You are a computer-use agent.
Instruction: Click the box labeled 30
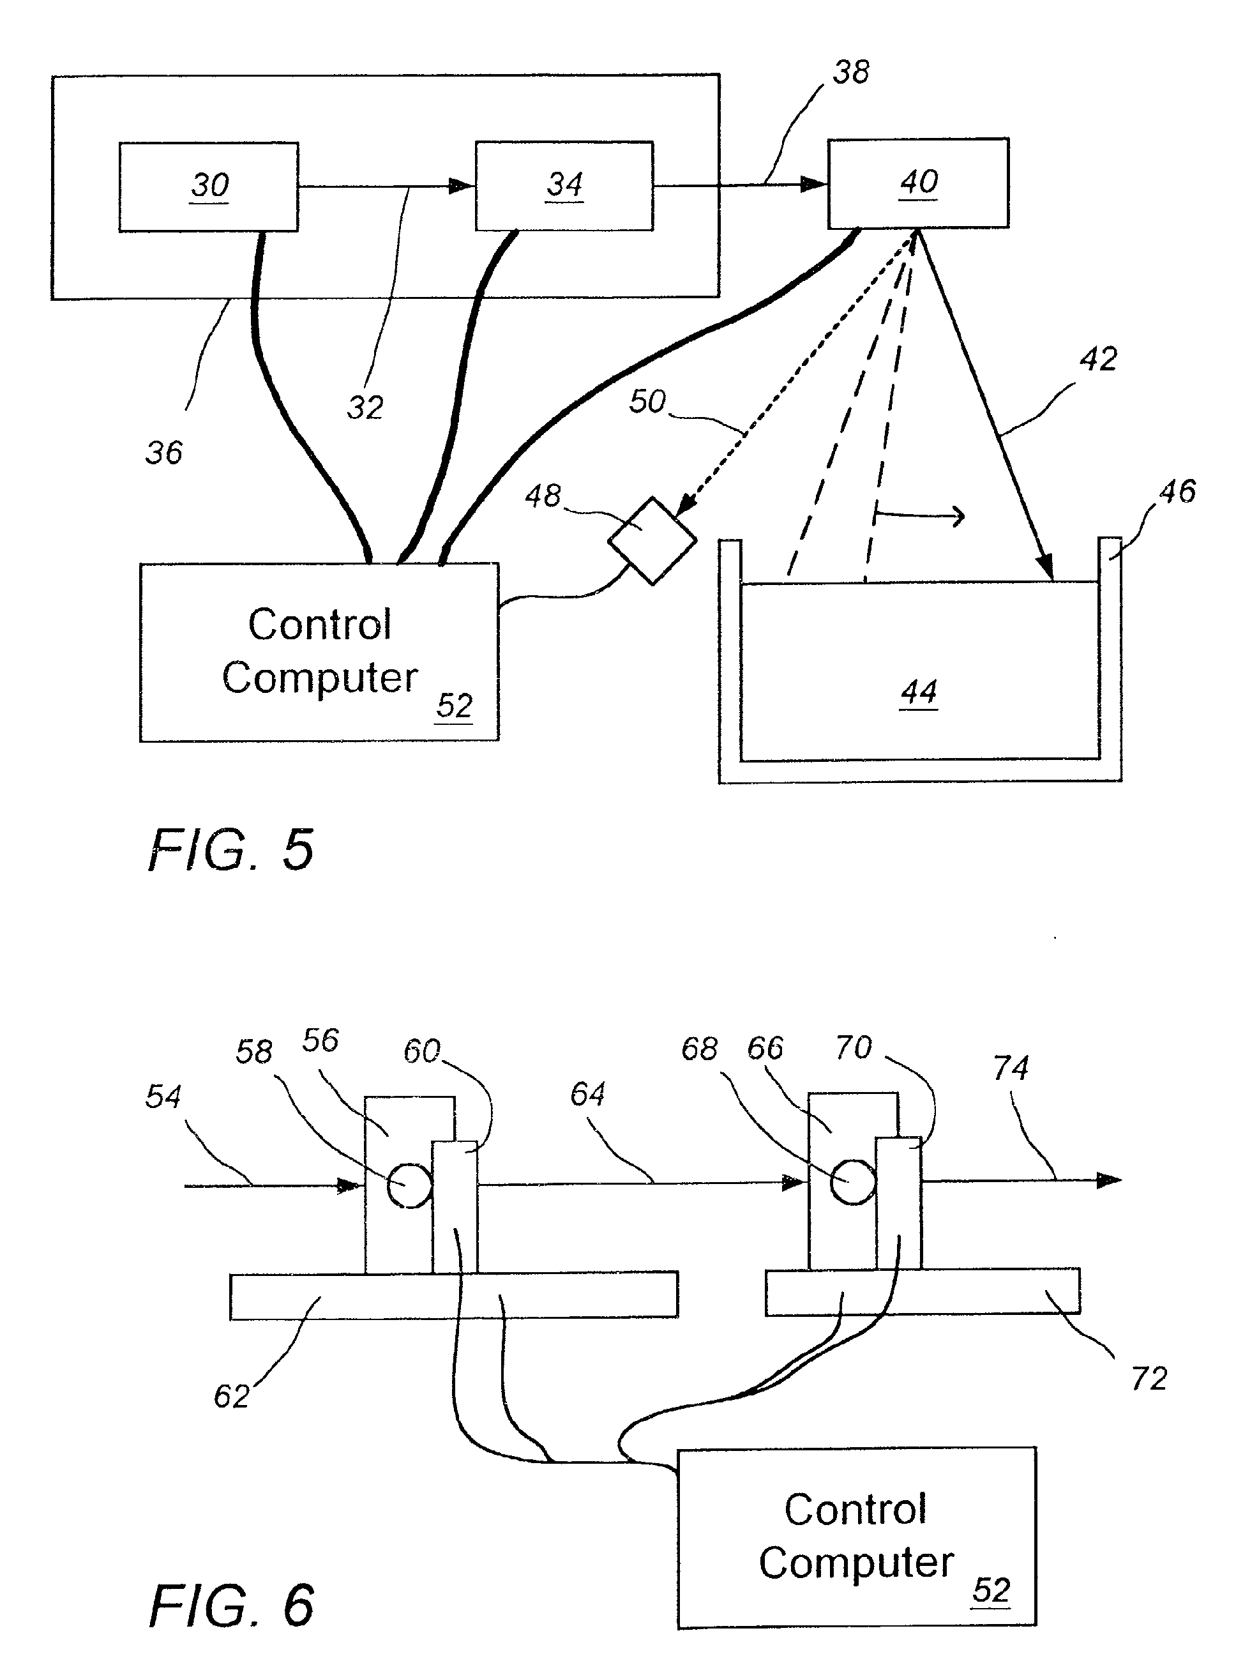[x=209, y=186]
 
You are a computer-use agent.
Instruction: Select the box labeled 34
[x=564, y=186]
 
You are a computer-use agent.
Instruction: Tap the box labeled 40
[x=918, y=183]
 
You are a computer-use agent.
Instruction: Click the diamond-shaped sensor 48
[x=652, y=540]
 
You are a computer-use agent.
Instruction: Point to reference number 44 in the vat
[x=919, y=692]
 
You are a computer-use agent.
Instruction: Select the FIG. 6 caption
[x=231, y=1606]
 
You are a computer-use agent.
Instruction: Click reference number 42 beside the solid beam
[x=1097, y=360]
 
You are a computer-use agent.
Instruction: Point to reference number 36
[x=164, y=453]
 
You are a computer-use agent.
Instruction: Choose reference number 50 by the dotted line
[x=647, y=402]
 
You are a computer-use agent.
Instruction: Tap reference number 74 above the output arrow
[x=1010, y=1068]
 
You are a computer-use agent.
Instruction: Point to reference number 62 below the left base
[x=231, y=1396]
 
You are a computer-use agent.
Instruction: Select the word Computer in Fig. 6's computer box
[x=856, y=1562]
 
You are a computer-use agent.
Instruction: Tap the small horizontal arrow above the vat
[x=920, y=515]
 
